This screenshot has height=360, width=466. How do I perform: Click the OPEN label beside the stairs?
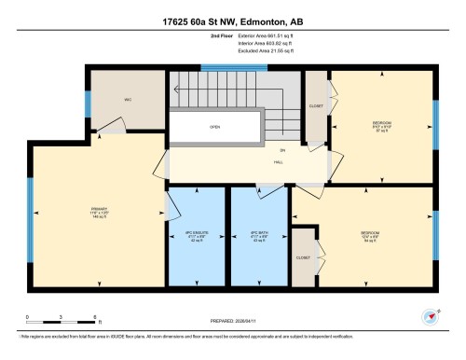(215, 128)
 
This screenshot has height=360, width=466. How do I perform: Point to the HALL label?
(278, 161)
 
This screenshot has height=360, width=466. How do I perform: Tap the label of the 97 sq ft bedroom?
(383, 126)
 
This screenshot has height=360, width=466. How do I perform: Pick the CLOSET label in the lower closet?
(304, 256)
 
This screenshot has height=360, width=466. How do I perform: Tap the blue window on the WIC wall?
(88, 104)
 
